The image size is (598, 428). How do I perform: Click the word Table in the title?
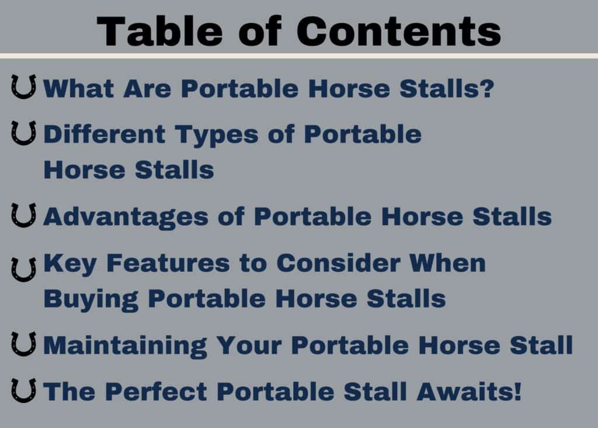(160, 32)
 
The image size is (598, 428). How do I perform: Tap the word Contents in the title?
(398, 32)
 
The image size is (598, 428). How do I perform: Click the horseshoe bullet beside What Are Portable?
(23, 87)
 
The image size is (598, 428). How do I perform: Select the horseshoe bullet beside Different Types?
(23, 133)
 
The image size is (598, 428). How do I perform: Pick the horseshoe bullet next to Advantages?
(23, 215)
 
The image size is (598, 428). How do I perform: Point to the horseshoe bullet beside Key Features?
(23, 270)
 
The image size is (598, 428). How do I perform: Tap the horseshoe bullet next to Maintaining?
(23, 344)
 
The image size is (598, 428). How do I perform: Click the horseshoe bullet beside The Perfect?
(23, 391)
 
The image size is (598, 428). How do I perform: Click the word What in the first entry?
(79, 88)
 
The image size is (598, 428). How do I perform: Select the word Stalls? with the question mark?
(447, 88)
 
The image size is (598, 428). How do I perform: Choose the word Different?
(105, 134)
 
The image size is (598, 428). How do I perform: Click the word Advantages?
(126, 218)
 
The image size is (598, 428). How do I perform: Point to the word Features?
(168, 263)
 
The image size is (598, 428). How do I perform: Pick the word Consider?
(338, 263)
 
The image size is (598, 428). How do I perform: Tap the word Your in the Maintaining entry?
(249, 346)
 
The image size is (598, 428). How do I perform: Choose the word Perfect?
(156, 392)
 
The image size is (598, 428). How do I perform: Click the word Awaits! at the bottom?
(469, 392)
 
